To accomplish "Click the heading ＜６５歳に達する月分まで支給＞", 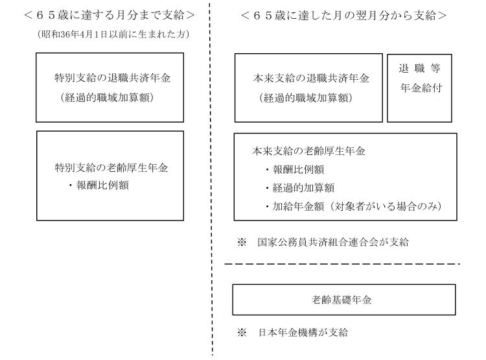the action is (x=110, y=15).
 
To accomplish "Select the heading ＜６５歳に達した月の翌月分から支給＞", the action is (x=343, y=15).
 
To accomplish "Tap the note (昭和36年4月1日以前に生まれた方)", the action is (x=113, y=34).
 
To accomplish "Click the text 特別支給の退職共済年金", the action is (x=113, y=78).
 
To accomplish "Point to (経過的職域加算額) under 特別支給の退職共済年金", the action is (x=107, y=97).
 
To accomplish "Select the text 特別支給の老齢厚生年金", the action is (x=111, y=167).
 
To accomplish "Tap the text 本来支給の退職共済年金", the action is (x=311, y=78).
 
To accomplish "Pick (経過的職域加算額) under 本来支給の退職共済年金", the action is (x=306, y=98).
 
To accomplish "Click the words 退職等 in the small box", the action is (x=419, y=68).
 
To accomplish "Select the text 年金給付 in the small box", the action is (x=421, y=88).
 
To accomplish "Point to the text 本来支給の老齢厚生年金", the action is (x=308, y=151).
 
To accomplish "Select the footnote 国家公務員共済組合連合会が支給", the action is (x=333, y=242).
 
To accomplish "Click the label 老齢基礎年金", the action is (x=341, y=300).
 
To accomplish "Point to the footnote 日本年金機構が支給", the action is (x=303, y=332).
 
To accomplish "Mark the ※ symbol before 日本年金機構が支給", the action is (x=242, y=333).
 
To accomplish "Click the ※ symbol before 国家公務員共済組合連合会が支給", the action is (x=242, y=242).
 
